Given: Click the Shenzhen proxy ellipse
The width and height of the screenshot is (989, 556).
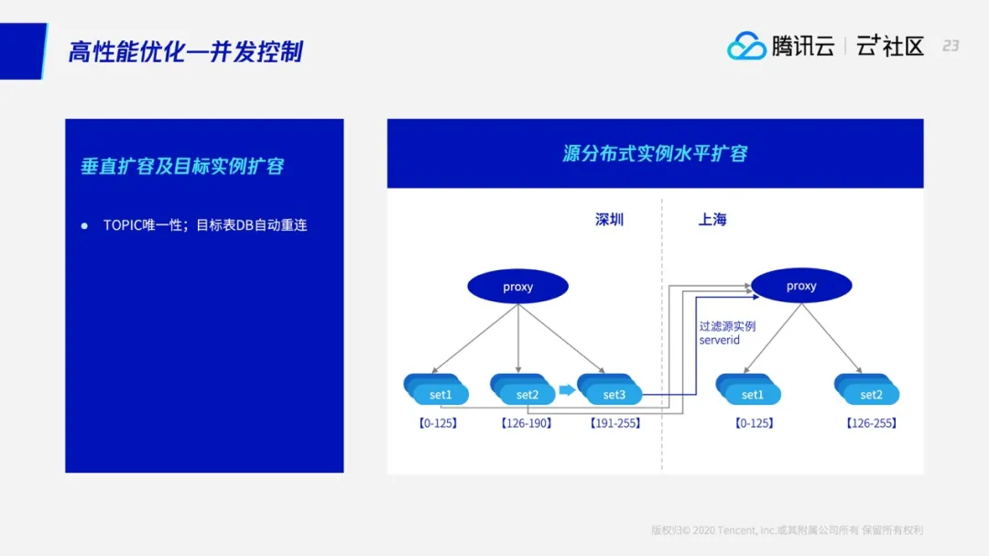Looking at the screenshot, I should click(517, 287).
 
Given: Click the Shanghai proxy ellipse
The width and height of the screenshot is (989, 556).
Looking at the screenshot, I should click(801, 286).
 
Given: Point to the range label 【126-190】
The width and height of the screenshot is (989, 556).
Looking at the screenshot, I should click(526, 423).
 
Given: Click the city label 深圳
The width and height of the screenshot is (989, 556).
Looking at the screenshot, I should click(609, 220).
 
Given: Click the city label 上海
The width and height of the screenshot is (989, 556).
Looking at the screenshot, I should click(712, 220).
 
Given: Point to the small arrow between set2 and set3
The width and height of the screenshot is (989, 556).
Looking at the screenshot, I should click(567, 390).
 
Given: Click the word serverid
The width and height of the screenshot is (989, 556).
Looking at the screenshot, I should click(720, 341).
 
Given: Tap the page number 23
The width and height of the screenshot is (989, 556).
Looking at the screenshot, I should click(951, 46).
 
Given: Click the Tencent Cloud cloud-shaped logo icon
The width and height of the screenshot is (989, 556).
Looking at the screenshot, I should click(746, 46).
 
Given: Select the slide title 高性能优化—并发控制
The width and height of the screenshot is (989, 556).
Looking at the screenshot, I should click(186, 51).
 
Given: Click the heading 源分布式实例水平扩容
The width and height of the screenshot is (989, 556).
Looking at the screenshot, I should click(655, 153).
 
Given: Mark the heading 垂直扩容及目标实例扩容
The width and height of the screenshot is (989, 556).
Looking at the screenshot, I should click(182, 166).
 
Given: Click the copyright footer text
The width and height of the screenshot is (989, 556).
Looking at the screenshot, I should click(787, 529).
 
